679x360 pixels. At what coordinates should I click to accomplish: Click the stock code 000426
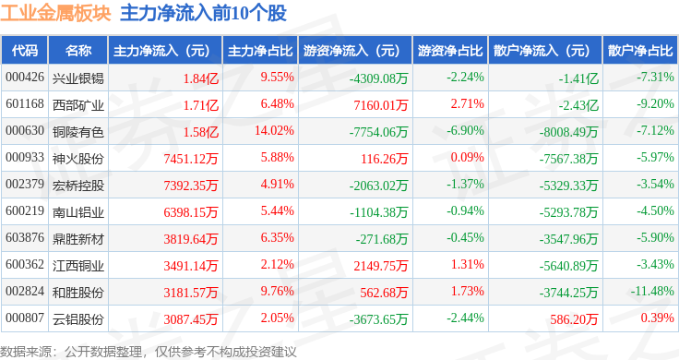(x=25, y=78)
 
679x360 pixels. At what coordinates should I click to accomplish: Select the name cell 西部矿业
(x=77, y=105)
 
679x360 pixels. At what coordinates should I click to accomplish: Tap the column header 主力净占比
(x=260, y=51)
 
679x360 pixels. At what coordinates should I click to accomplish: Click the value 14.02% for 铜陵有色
(x=274, y=130)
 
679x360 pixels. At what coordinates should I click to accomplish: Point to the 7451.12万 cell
(x=191, y=159)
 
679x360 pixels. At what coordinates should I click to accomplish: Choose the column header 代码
(x=25, y=51)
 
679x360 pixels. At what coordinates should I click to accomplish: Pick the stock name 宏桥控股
(x=77, y=186)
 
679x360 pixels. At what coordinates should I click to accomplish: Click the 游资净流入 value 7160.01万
(x=381, y=105)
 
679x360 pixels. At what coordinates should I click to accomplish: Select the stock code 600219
(x=25, y=211)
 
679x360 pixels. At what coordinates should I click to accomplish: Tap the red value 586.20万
(x=574, y=319)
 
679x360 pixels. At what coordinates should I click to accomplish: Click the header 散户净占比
(x=640, y=51)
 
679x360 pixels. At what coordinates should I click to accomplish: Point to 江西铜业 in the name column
(x=77, y=266)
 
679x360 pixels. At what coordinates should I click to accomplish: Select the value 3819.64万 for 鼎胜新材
(x=191, y=239)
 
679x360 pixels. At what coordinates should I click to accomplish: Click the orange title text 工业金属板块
(x=56, y=14)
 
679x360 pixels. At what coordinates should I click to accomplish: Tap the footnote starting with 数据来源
(x=149, y=352)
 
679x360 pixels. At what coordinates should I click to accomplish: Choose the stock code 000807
(x=25, y=318)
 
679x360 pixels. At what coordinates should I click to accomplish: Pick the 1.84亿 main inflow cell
(x=201, y=78)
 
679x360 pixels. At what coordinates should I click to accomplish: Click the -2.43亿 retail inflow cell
(x=578, y=105)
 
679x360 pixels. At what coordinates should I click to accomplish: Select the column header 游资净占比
(x=450, y=51)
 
